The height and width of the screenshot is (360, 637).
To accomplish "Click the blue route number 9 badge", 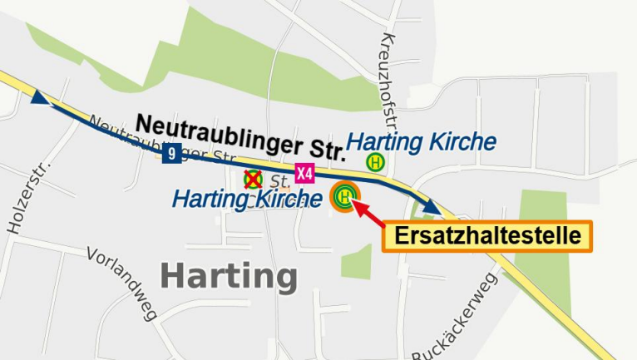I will (x=171, y=153).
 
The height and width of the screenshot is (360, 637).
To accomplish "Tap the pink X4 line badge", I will (x=305, y=173).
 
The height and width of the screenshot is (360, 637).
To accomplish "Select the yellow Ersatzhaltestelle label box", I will (x=486, y=236).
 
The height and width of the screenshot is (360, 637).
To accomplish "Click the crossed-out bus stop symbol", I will (x=253, y=179).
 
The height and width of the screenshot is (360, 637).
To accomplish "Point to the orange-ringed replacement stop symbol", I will (x=344, y=197).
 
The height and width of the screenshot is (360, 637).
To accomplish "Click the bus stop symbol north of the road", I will (x=375, y=162).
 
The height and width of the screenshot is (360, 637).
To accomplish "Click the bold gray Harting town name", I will (x=229, y=276).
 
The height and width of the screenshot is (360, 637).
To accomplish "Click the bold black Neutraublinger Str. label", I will (x=240, y=137).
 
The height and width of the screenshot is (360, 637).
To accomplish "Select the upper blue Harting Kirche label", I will (x=422, y=141).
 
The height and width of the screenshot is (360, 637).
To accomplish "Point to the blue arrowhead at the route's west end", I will (x=39, y=97).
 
